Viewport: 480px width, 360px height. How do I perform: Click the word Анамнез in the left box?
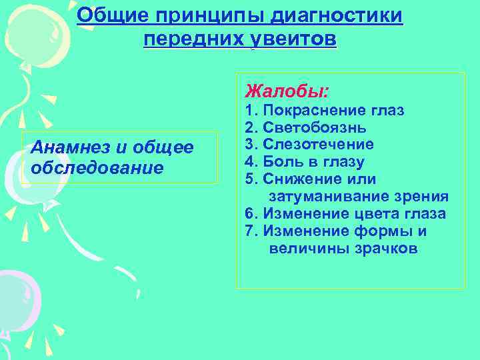coord(66,147)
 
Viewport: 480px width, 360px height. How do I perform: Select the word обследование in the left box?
coord(97,167)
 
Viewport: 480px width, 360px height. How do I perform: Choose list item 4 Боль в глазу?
coord(305,162)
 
